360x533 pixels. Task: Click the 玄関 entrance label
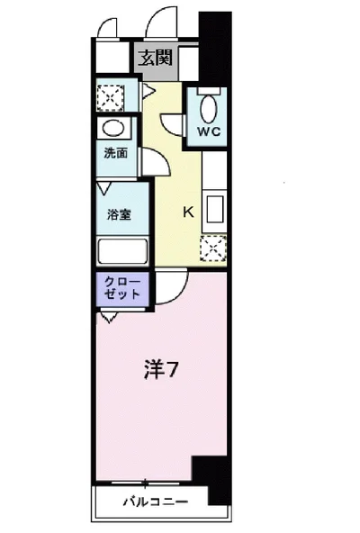[155, 59]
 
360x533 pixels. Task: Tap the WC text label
[210, 131]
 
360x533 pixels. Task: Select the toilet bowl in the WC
[210, 109]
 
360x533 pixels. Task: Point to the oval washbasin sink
[112, 127]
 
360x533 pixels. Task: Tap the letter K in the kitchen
[189, 213]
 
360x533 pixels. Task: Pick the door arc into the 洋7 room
[173, 284]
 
